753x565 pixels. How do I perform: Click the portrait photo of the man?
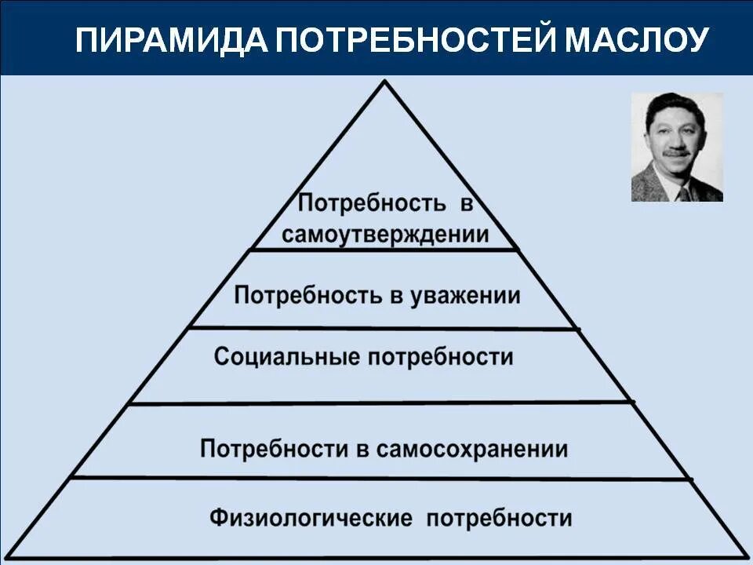coord(677,147)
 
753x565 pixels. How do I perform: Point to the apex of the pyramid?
coord(384,82)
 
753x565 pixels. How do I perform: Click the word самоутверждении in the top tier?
coord(385,235)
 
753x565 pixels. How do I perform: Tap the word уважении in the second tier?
coord(474,296)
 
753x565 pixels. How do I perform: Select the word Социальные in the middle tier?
coord(276,357)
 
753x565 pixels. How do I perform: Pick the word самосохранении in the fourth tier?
coord(471,450)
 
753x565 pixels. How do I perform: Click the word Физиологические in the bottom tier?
coord(311,519)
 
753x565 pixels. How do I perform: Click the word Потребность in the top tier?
coord(371,205)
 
